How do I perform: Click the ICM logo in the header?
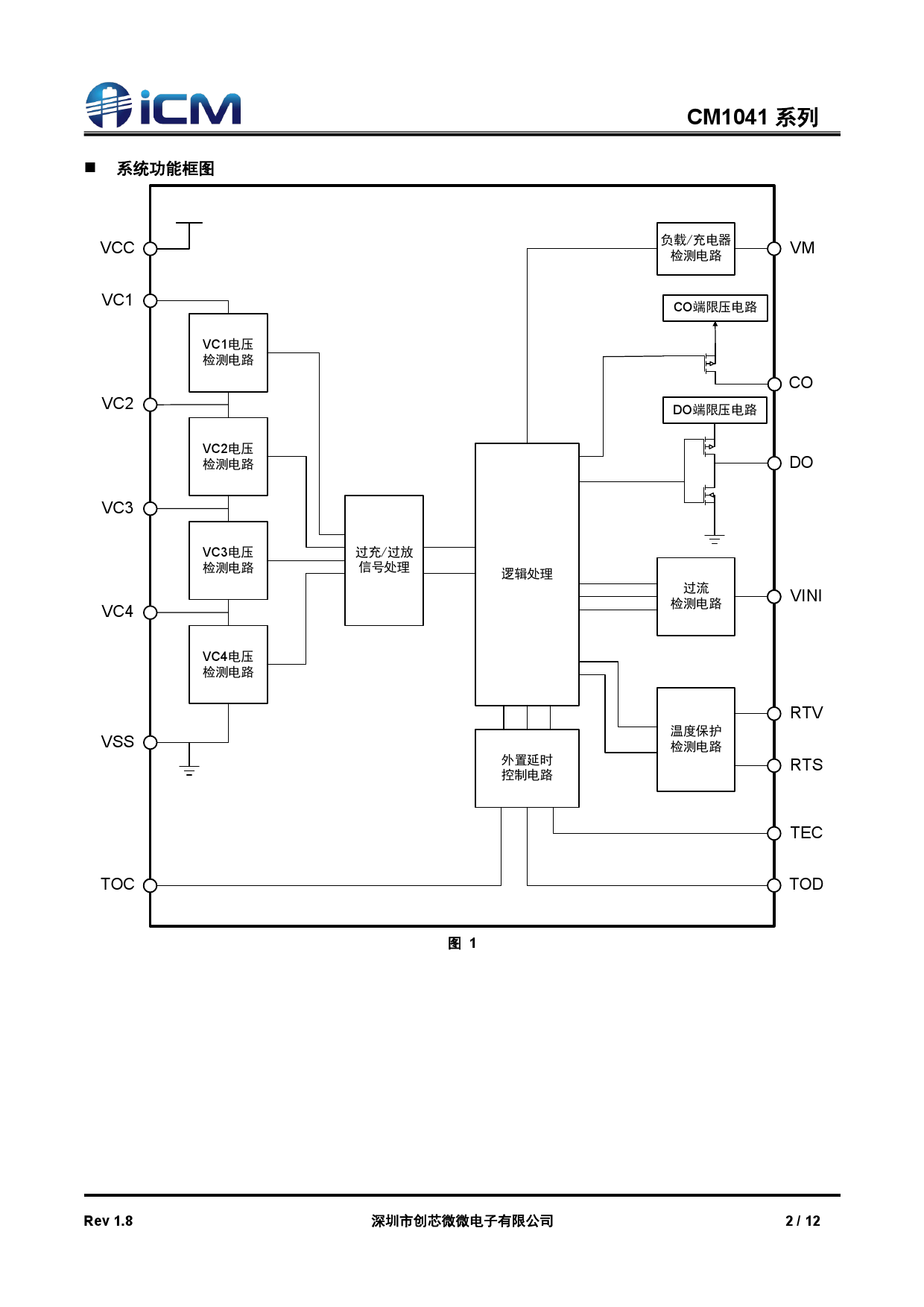[163, 105]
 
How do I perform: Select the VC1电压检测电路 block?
[228, 352]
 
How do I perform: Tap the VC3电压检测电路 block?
[228, 560]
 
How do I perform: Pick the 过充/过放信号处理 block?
[384, 560]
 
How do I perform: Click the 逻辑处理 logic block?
[527, 574]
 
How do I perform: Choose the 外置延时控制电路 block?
[527, 768]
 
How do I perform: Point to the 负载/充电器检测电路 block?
[696, 248]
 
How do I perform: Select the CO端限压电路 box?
[715, 308]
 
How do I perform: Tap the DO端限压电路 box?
[715, 411]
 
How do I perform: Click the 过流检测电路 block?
[696, 596]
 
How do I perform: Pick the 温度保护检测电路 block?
[696, 739]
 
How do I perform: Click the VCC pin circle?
[151, 249]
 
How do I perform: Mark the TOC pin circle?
[151, 885]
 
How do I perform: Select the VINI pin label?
[806, 596]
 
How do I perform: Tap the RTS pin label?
[806, 765]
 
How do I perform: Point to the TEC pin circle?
[774, 833]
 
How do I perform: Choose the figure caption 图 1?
[462, 943]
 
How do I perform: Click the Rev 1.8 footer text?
[108, 1221]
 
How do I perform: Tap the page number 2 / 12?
[803, 1221]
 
